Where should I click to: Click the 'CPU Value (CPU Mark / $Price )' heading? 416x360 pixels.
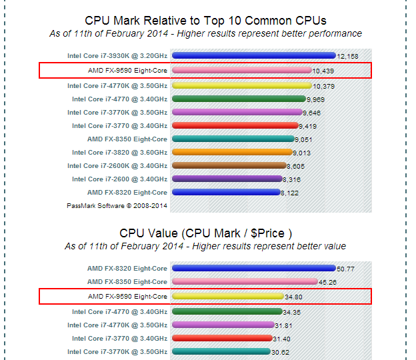206,233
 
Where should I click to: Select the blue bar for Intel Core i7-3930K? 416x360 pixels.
253,56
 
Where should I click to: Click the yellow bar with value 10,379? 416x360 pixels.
241,85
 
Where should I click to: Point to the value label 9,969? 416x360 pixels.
317,100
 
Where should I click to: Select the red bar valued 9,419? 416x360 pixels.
235,125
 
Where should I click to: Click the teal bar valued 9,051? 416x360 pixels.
233,139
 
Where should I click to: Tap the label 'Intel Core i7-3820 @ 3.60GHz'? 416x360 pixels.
117,152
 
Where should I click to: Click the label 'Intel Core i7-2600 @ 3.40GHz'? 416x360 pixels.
117,179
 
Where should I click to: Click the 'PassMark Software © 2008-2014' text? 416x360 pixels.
117,205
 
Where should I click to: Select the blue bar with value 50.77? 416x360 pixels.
253,269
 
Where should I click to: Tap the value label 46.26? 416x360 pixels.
327,283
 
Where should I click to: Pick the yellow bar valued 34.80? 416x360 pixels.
227,295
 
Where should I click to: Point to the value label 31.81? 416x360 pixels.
284,325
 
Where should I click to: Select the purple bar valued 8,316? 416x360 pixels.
227,179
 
